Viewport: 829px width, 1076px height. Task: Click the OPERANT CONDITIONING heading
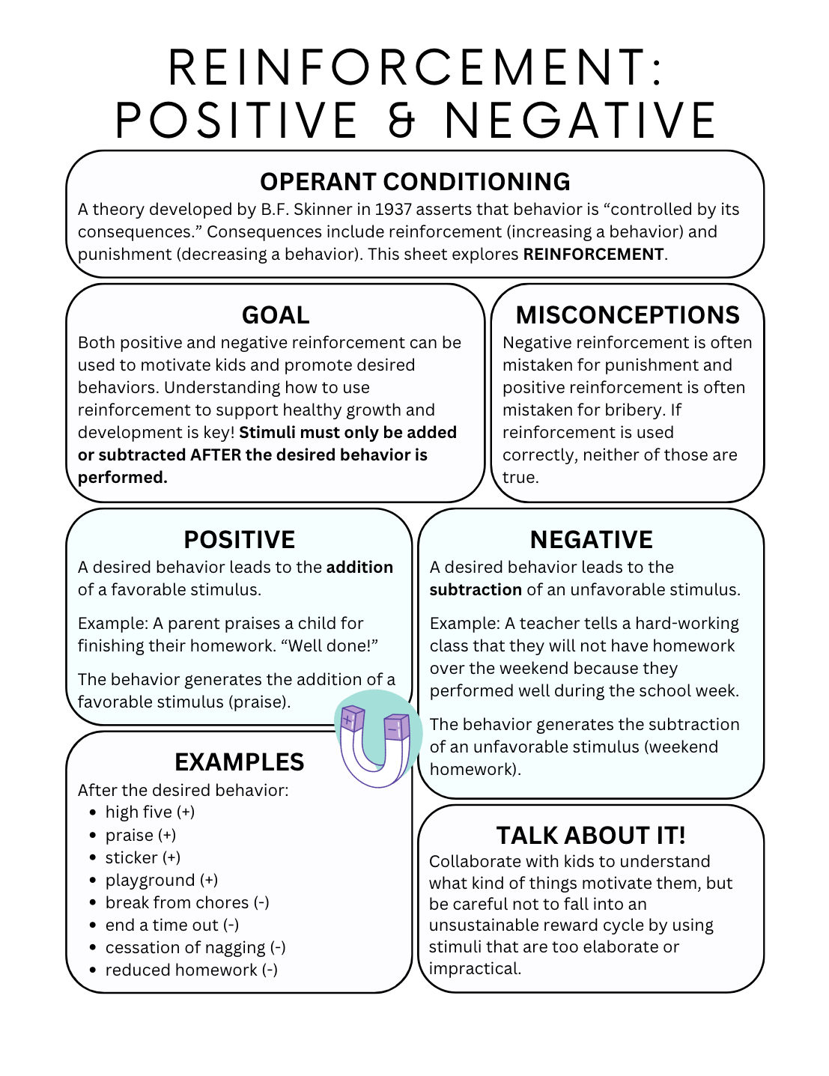coord(415,182)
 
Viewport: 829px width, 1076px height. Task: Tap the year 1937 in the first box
coord(394,210)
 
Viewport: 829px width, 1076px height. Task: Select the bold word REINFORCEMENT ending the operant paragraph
coord(593,255)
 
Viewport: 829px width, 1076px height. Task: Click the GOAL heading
coord(275,315)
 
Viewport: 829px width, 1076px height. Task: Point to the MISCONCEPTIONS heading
coord(628,315)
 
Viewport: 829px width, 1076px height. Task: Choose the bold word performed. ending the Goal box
coord(122,478)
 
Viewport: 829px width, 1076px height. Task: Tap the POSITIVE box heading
coord(239,540)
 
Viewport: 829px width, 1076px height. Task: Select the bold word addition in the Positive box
coord(359,568)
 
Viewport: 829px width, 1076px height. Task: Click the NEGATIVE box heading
coord(591,540)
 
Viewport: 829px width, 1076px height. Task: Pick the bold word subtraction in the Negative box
coord(476,590)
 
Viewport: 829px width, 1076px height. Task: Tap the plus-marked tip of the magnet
coord(351,720)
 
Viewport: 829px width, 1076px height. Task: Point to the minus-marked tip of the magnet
coord(396,727)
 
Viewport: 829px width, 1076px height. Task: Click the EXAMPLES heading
coord(239,762)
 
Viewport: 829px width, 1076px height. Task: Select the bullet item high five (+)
coord(150,812)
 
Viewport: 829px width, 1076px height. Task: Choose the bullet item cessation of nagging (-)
coord(195,948)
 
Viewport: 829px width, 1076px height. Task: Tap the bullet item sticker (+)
coord(142,858)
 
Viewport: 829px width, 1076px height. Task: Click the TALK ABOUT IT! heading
coord(591,836)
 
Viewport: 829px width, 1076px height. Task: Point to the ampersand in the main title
coord(401,121)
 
